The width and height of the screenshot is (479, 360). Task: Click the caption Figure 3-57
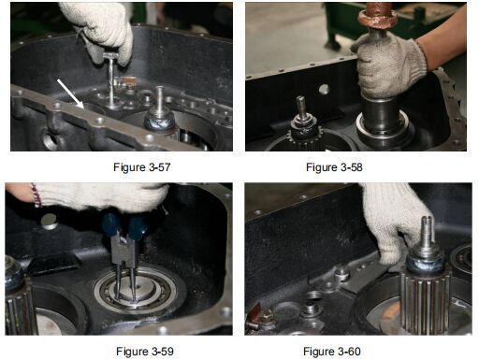point(142,167)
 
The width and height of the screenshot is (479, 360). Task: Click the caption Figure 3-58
point(334,167)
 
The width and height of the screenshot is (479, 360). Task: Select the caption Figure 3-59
point(145,352)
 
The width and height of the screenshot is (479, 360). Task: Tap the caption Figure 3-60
point(332,352)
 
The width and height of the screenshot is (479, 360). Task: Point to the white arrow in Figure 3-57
point(70,94)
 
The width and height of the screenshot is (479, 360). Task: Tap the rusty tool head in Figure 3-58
point(378,16)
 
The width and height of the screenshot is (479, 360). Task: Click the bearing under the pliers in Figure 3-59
point(138,288)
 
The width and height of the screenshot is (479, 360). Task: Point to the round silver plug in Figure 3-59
point(50,222)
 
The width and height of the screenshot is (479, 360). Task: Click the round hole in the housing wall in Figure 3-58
point(324,89)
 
